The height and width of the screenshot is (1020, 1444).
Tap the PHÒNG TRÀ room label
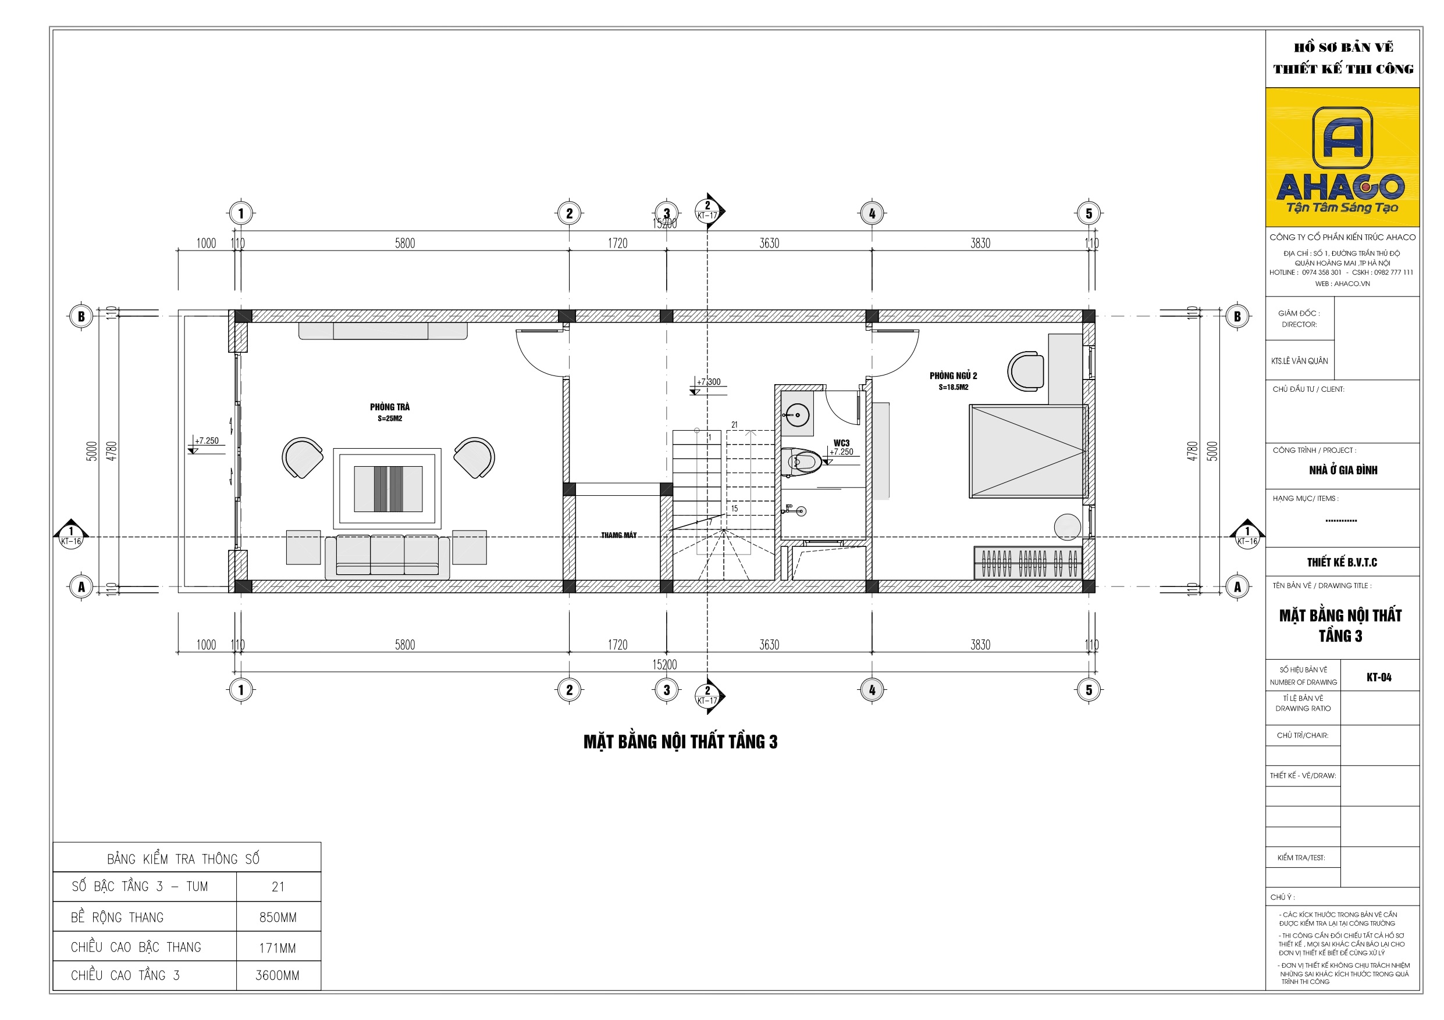389,407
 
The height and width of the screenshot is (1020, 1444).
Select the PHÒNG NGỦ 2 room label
953,376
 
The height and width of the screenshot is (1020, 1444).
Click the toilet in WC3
801,463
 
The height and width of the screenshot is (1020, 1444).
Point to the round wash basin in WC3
797,415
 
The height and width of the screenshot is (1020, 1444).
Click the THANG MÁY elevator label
618,535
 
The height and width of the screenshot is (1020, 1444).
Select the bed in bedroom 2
1027,451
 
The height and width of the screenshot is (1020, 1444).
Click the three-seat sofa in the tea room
387,556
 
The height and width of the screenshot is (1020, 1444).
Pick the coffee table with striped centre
387,489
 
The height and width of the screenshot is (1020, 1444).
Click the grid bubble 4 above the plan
872,213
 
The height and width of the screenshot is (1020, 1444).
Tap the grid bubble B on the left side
80,316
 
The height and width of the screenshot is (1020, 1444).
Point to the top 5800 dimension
405,243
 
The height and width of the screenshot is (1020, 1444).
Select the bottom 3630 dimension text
769,645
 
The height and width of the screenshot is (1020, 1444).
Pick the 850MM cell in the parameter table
278,918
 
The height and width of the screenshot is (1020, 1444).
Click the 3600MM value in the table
278,975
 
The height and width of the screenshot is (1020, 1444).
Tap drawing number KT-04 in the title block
1379,678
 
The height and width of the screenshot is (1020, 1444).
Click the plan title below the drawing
680,742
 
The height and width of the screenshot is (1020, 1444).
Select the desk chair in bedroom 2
1025,371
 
